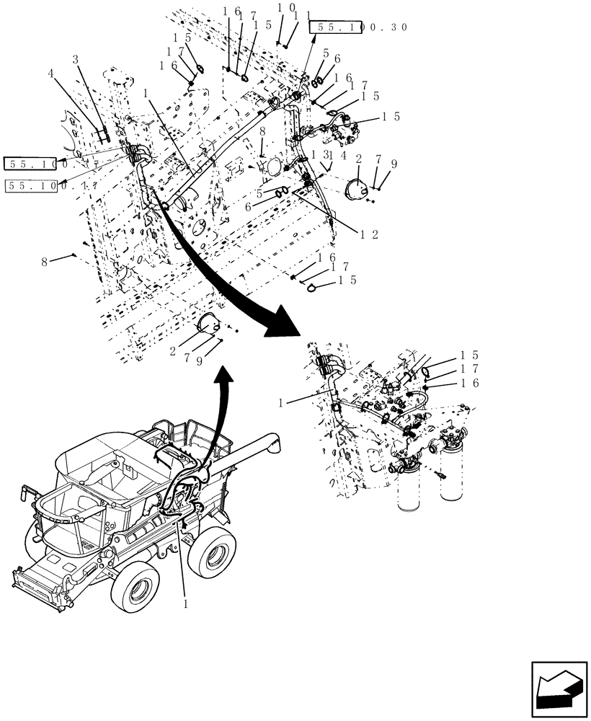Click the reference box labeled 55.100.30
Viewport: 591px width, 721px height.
[x=359, y=27]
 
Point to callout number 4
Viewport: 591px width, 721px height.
[x=51, y=73]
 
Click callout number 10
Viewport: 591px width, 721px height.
[x=286, y=8]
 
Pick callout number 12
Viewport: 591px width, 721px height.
[x=370, y=234]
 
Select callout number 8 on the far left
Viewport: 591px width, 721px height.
[x=44, y=262]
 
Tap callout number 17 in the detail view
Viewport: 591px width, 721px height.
[x=474, y=368]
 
